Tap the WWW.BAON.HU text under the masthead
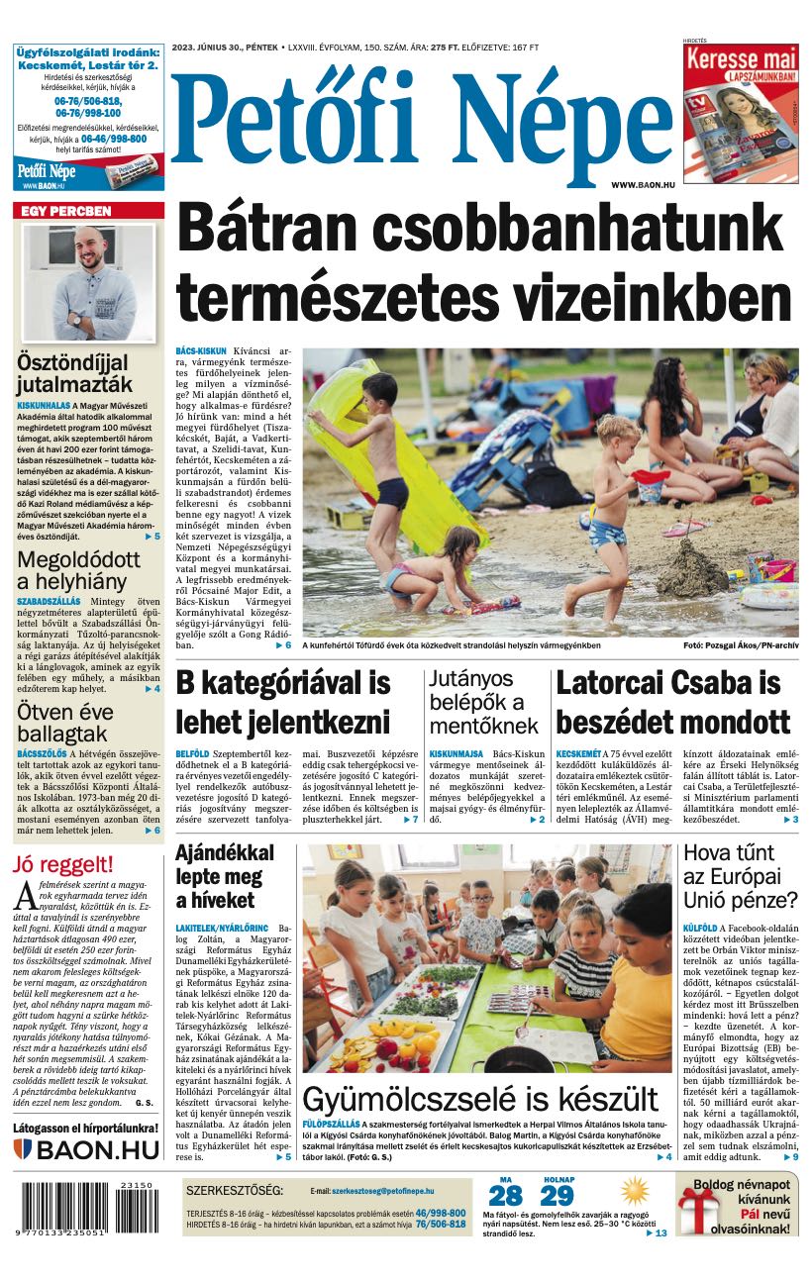pyautogui.click(x=643, y=185)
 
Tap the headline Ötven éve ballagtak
pyautogui.click(x=65, y=723)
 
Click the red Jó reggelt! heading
pyautogui.click(x=62, y=864)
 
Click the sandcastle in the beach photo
pyautogui.click(x=692, y=569)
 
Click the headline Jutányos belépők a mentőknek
pyautogui.click(x=484, y=702)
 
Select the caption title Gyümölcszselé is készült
pyautogui.click(x=479, y=1100)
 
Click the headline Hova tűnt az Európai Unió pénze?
pyautogui.click(x=740, y=876)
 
